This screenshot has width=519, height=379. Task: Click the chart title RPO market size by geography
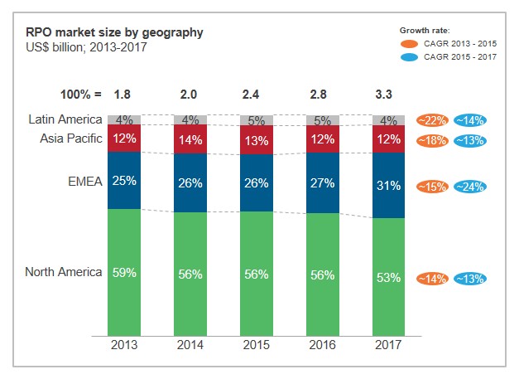point(114,32)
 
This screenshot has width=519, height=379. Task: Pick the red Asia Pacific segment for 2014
point(190,139)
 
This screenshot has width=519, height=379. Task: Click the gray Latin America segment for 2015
point(257,120)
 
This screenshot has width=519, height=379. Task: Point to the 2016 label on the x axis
point(323,344)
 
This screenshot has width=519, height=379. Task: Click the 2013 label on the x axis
point(124,344)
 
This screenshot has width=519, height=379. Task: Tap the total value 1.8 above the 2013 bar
point(124,95)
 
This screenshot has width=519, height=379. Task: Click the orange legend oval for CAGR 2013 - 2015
point(410,43)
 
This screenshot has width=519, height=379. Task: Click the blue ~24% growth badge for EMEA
point(469,187)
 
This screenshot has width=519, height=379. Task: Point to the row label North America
point(64,271)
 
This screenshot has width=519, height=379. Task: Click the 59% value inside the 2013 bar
point(124,272)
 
